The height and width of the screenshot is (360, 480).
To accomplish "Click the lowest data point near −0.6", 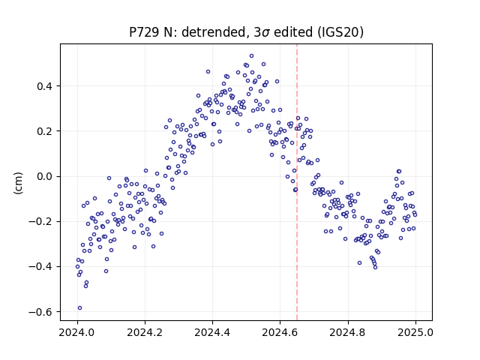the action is point(80,308).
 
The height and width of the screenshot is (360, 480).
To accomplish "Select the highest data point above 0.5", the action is point(252,56).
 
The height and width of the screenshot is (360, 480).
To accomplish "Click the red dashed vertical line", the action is point(297,182).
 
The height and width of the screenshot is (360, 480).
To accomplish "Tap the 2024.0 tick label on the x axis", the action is point(77,332).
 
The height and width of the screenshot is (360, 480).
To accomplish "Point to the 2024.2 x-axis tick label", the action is point(145,332).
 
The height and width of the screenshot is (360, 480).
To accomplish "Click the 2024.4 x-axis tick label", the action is point(212,332).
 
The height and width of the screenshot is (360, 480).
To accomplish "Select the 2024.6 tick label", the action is point(280,332).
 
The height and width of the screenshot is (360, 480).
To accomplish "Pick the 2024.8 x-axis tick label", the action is point(348,332).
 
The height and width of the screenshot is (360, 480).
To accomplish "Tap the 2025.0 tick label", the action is point(415,332).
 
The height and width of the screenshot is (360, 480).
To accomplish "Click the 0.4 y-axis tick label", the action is point(45,86).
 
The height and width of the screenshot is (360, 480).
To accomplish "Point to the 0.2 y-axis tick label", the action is point(45,131).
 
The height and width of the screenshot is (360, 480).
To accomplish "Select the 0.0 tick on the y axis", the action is point(45,177).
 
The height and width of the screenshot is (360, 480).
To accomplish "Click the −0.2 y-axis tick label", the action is point(40,222).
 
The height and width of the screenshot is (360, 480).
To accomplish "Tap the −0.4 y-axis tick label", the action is point(40,267).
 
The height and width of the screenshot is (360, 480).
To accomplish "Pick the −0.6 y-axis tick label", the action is point(40,312).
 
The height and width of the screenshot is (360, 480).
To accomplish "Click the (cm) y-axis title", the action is point(18,183).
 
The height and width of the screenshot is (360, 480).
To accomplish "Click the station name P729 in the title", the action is point(143,32).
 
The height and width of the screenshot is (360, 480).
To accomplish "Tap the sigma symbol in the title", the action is point(265,33).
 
